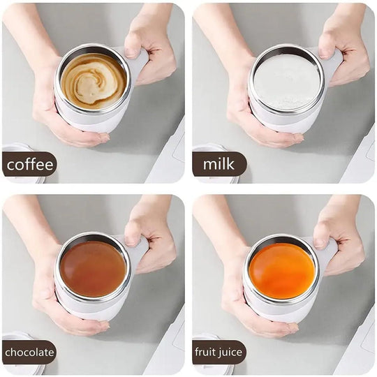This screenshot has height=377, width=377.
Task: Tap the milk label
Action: (219, 165)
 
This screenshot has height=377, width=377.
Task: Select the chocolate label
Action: (29, 353)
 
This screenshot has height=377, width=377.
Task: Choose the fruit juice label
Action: (219, 353)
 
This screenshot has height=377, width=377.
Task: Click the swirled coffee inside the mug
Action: (93, 81)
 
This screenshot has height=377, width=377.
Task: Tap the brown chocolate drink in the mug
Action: (93, 268)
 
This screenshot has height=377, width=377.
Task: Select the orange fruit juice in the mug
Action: (282, 269)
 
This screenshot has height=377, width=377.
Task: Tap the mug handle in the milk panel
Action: (331, 63)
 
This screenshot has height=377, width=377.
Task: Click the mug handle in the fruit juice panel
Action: (328, 252)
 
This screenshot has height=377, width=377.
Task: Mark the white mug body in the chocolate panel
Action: (91, 307)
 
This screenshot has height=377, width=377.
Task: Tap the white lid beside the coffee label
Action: (15, 149)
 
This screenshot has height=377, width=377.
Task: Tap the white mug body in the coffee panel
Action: (91, 120)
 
